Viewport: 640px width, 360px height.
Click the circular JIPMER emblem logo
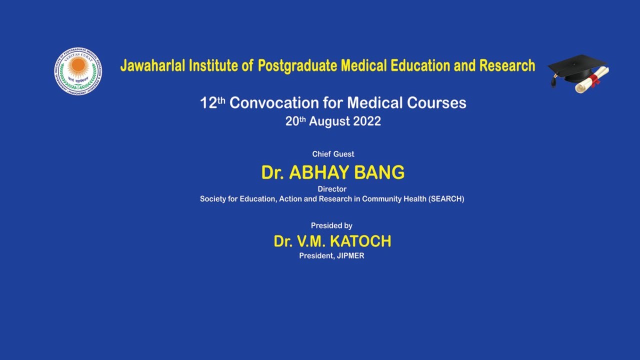tap(78, 71)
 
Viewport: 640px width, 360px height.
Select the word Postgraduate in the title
tap(297, 65)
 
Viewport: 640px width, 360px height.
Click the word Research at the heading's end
tap(507, 65)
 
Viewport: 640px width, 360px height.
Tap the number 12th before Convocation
tap(212, 102)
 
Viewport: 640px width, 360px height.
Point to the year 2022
tap(367, 121)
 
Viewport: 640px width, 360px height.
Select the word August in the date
tap(330, 121)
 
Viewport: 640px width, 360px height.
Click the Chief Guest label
tap(333, 154)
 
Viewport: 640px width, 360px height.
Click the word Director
tap(332, 189)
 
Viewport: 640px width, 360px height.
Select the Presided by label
tap(331, 225)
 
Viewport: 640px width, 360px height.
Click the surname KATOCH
tap(360, 241)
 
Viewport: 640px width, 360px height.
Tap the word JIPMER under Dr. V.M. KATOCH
tap(350, 255)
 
